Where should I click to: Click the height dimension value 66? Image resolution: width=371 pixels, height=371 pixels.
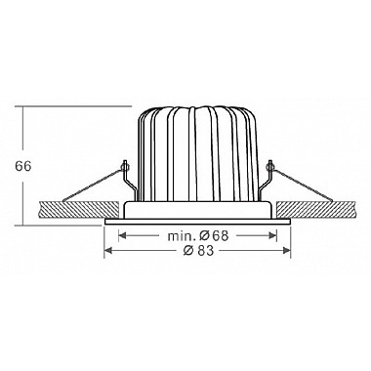point(22,166)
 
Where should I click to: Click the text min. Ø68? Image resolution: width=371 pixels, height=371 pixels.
point(198,235)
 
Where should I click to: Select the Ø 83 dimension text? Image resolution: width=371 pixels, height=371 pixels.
point(198,250)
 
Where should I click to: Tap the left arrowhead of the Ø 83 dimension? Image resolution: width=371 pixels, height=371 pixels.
point(108,250)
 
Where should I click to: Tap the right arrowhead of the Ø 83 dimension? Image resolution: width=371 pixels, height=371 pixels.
point(286,250)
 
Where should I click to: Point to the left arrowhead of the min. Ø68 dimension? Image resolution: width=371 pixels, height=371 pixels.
point(123,235)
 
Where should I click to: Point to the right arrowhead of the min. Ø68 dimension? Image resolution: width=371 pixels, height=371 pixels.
point(272,235)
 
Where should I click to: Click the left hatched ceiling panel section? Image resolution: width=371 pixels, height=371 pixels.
point(78,210)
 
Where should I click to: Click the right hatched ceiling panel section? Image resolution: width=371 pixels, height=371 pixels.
point(316,210)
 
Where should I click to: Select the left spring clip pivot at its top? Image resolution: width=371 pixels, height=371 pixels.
point(125,166)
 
